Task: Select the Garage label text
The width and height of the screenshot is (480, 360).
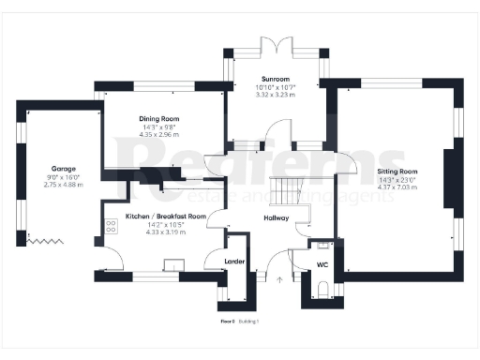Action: click(64, 170)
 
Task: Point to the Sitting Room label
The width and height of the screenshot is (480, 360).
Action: click(397, 172)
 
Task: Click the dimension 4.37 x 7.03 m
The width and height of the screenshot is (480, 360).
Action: click(397, 187)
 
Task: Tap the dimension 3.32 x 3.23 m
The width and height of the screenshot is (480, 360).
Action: click(276, 95)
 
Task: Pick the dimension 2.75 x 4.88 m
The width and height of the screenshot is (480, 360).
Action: click(64, 184)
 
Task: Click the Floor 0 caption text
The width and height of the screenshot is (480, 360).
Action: click(227, 322)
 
